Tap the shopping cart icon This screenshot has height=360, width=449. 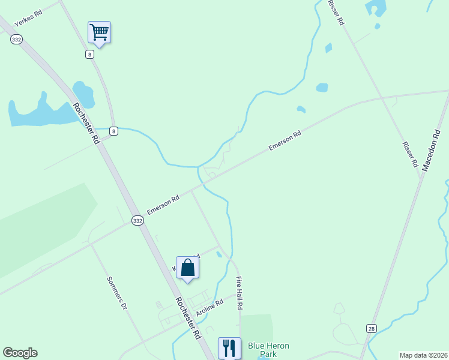tap(99, 32)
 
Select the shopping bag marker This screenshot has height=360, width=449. tap(187, 268)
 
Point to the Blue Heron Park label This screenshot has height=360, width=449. tap(268, 350)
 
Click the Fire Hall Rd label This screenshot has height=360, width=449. tap(240, 293)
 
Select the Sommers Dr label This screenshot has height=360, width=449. tap(117, 293)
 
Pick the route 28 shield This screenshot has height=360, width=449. tap(372, 328)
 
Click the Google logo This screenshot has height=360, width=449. tap(20, 353)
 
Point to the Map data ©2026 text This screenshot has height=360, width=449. tap(423, 355)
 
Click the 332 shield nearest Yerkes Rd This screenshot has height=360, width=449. tap(16, 39)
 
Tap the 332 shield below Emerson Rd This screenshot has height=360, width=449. tap(138, 221)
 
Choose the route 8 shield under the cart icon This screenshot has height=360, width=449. tap(89, 54)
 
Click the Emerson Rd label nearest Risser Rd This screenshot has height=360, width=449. tap(285, 142)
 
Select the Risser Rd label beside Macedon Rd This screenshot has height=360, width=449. tap(411, 154)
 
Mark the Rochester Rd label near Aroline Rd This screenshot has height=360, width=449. tap(188, 319)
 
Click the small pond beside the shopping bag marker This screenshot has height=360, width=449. tap(219, 254)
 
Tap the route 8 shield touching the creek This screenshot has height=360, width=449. tap(114, 130)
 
